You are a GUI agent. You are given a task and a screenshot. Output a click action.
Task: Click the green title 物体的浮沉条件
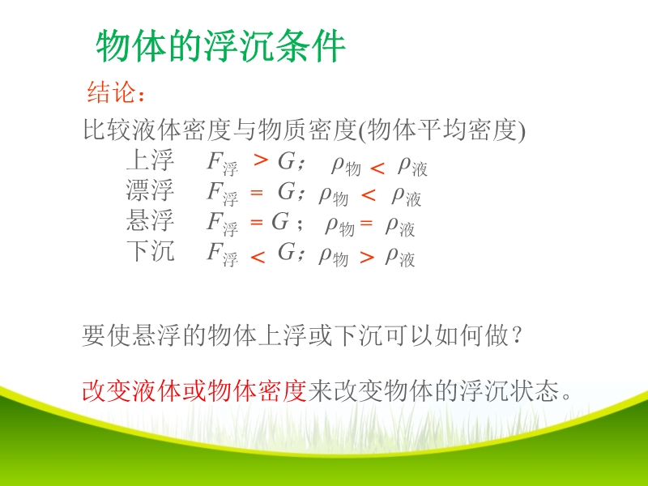tap(220, 46)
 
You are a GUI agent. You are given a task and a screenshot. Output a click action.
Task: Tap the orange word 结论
tap(111, 92)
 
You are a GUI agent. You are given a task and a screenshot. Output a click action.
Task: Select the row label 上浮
tap(150, 160)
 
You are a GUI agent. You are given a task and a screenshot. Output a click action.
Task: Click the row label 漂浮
tap(150, 190)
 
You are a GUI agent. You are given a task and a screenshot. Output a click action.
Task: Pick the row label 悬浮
tap(150, 220)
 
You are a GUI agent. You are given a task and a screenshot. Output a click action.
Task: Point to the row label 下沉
tap(150, 250)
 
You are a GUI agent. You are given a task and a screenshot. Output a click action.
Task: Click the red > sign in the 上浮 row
tap(261, 160)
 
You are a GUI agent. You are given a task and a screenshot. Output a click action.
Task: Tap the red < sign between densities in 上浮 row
tap(377, 168)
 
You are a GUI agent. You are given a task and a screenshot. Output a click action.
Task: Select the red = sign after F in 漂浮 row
tap(257, 193)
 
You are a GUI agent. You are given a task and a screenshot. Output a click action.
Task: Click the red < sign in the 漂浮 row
tap(369, 195)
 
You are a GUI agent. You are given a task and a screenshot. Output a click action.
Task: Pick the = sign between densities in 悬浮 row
tap(366, 224)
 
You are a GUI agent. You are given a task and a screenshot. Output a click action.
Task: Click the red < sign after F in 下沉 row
tap(258, 258)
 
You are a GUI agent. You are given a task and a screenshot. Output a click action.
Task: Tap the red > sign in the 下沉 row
tap(367, 258)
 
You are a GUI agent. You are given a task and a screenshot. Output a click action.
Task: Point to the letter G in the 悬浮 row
tap(280, 221)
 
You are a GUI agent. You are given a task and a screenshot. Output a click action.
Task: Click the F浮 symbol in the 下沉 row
tap(222, 254)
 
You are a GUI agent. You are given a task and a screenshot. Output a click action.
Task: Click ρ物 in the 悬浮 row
tap(339, 227)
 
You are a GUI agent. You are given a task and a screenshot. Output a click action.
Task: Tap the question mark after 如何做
tap(517, 335)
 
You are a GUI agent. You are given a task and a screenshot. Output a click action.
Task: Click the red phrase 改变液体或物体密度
tap(194, 390)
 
